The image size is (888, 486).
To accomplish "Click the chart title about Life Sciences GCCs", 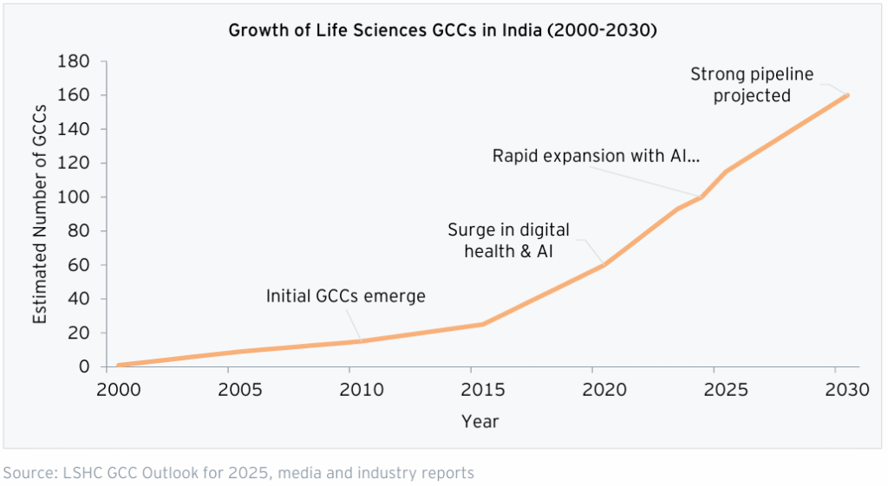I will [x=442, y=31].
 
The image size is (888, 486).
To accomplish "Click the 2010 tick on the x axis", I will [x=360, y=391].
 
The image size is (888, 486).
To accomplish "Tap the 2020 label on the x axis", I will [x=604, y=391].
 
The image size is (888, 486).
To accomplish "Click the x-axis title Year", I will [x=480, y=422].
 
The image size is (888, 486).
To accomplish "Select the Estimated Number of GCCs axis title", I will [x=40, y=213].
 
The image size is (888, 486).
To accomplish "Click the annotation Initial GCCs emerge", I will [x=345, y=296].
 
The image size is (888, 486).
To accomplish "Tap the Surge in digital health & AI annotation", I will [x=508, y=240].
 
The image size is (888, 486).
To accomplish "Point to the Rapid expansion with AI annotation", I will [x=596, y=156].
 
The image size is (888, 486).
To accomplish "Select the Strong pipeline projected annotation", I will [x=752, y=85].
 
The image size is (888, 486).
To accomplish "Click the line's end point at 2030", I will [x=847, y=94].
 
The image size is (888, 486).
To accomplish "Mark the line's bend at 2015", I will [x=483, y=324].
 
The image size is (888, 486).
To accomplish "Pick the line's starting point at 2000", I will [x=118, y=366].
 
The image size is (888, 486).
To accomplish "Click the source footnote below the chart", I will [x=238, y=473].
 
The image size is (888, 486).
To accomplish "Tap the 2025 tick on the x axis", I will [x=726, y=391].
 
